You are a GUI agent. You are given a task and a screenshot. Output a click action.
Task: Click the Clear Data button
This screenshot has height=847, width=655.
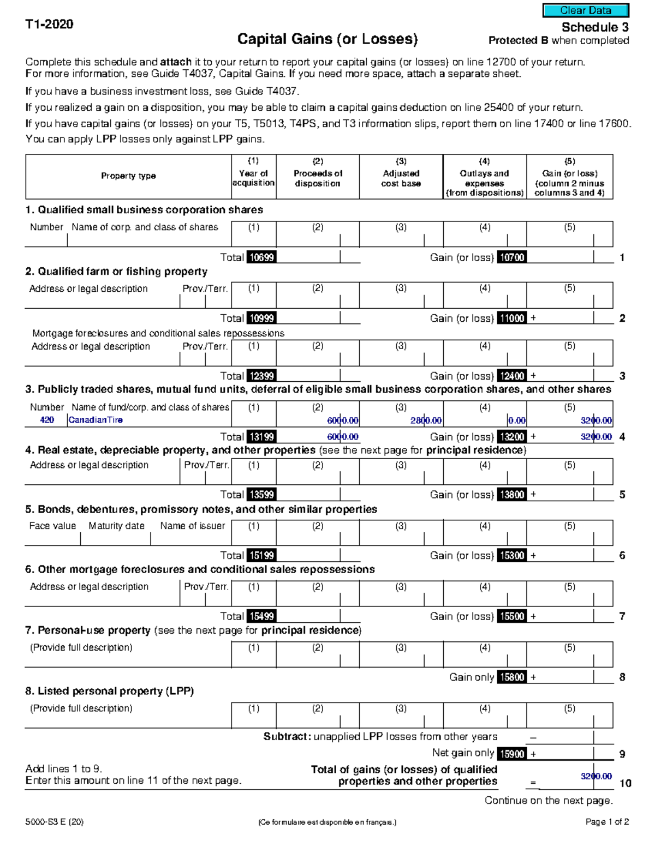point(586,10)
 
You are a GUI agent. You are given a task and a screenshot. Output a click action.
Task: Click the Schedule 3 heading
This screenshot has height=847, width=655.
point(595,27)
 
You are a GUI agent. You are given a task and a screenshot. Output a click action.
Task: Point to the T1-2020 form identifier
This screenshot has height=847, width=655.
point(49,24)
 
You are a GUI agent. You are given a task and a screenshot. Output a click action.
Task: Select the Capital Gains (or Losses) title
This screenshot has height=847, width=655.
point(327,39)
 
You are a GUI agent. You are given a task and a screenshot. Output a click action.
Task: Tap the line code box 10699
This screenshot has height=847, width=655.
point(261,257)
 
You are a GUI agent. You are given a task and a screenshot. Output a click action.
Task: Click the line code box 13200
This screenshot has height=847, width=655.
point(512,437)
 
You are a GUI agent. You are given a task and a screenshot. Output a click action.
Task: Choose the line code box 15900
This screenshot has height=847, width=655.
point(512,754)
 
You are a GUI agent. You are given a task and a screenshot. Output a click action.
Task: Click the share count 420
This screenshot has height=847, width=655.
point(47,420)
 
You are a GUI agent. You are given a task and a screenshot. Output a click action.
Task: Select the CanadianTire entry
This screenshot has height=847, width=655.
point(96,420)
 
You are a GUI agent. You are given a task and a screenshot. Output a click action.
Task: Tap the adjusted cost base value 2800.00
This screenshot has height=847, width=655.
point(426,421)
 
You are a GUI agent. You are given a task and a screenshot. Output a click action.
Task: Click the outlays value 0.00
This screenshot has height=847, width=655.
point(516,421)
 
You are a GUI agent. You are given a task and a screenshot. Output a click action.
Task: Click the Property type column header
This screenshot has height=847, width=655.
point(128,176)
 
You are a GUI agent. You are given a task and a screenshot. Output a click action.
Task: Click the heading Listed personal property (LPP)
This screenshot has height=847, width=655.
point(109,691)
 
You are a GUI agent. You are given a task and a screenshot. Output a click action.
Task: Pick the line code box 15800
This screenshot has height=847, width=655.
point(512,677)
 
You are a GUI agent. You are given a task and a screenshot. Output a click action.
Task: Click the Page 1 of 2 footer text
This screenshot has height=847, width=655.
point(607,822)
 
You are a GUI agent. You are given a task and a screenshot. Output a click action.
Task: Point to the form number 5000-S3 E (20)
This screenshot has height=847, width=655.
point(55,822)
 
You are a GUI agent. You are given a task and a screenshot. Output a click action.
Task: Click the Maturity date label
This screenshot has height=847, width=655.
point(116,526)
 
